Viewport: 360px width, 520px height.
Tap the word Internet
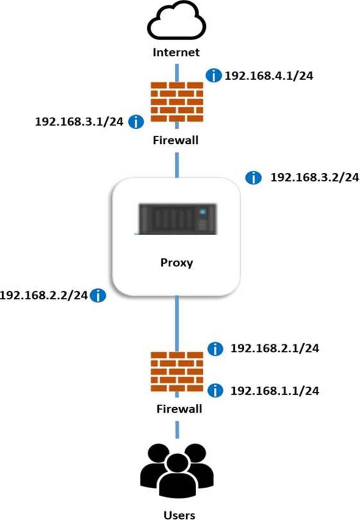click(176, 52)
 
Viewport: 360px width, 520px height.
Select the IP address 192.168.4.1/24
click(269, 76)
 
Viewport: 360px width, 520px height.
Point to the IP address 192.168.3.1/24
click(80, 122)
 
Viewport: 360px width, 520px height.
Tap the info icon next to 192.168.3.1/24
click(136, 122)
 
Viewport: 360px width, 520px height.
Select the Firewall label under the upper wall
click(176, 140)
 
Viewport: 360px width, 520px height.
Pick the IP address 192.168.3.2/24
click(314, 177)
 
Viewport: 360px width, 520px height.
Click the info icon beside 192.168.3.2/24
click(254, 177)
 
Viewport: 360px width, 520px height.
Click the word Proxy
click(176, 263)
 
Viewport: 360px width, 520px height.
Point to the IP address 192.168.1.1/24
click(275, 390)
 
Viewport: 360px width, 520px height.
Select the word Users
click(179, 514)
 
